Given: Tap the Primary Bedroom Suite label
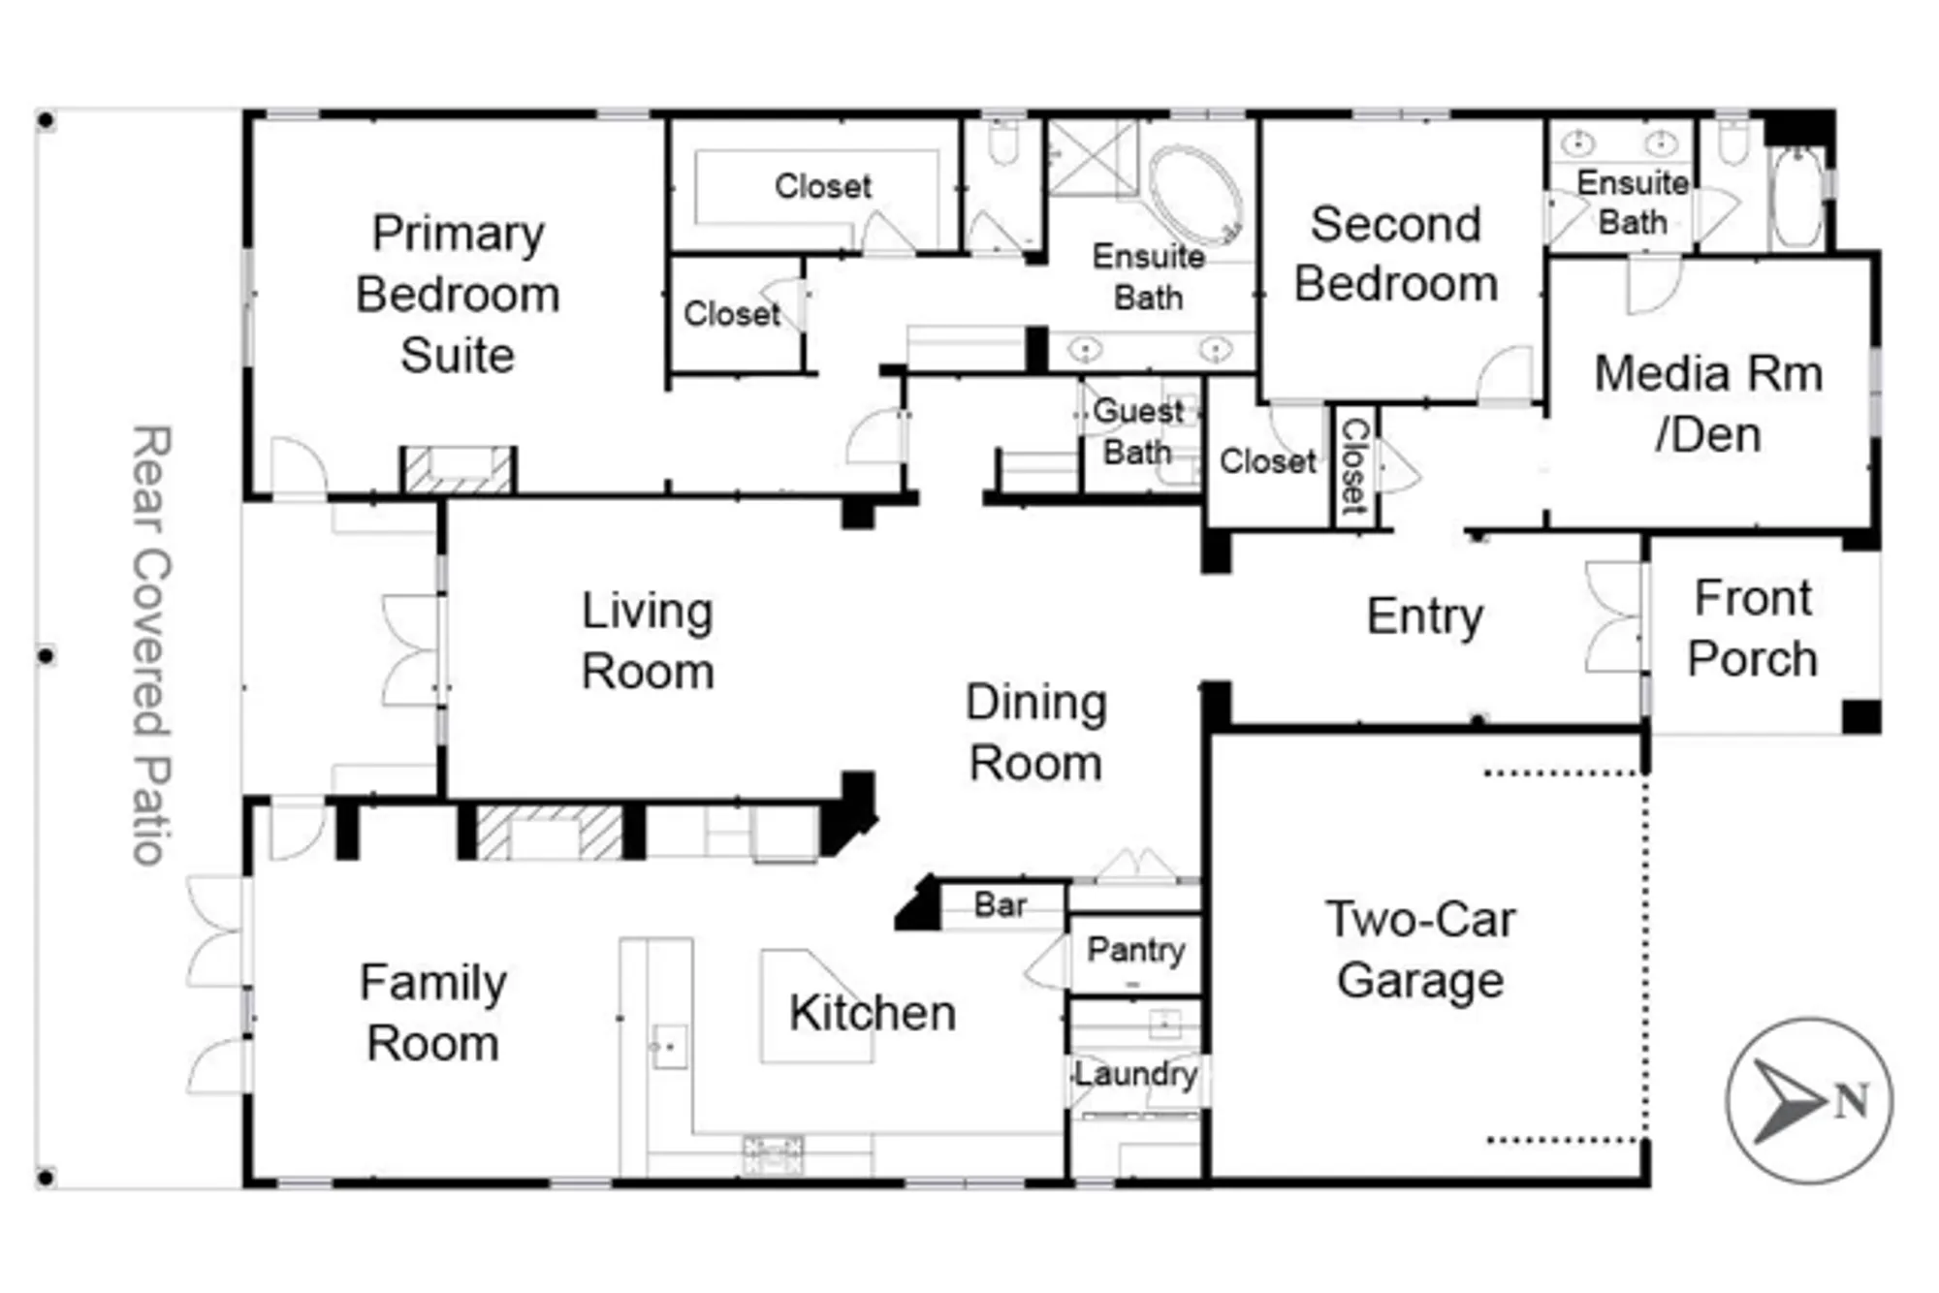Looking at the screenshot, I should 458,294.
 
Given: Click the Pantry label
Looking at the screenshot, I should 1135,949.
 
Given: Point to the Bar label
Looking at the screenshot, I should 1000,905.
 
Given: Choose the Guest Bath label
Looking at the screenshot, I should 1137,431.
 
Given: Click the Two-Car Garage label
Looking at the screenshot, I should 1420,949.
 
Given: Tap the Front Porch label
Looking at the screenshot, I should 1752,628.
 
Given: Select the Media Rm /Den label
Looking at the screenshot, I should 1708,403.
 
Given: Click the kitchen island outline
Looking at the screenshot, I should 814,1008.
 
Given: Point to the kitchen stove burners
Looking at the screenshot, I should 773,1154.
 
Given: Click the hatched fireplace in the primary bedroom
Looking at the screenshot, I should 459,470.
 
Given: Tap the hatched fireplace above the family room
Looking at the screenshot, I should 550,833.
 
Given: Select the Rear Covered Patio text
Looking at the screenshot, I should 151,645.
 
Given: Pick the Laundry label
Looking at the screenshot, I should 1135,1074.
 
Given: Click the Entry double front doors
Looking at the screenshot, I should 1617,616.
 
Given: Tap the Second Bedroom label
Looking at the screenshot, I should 1396,254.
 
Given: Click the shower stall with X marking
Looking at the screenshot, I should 1093,158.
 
